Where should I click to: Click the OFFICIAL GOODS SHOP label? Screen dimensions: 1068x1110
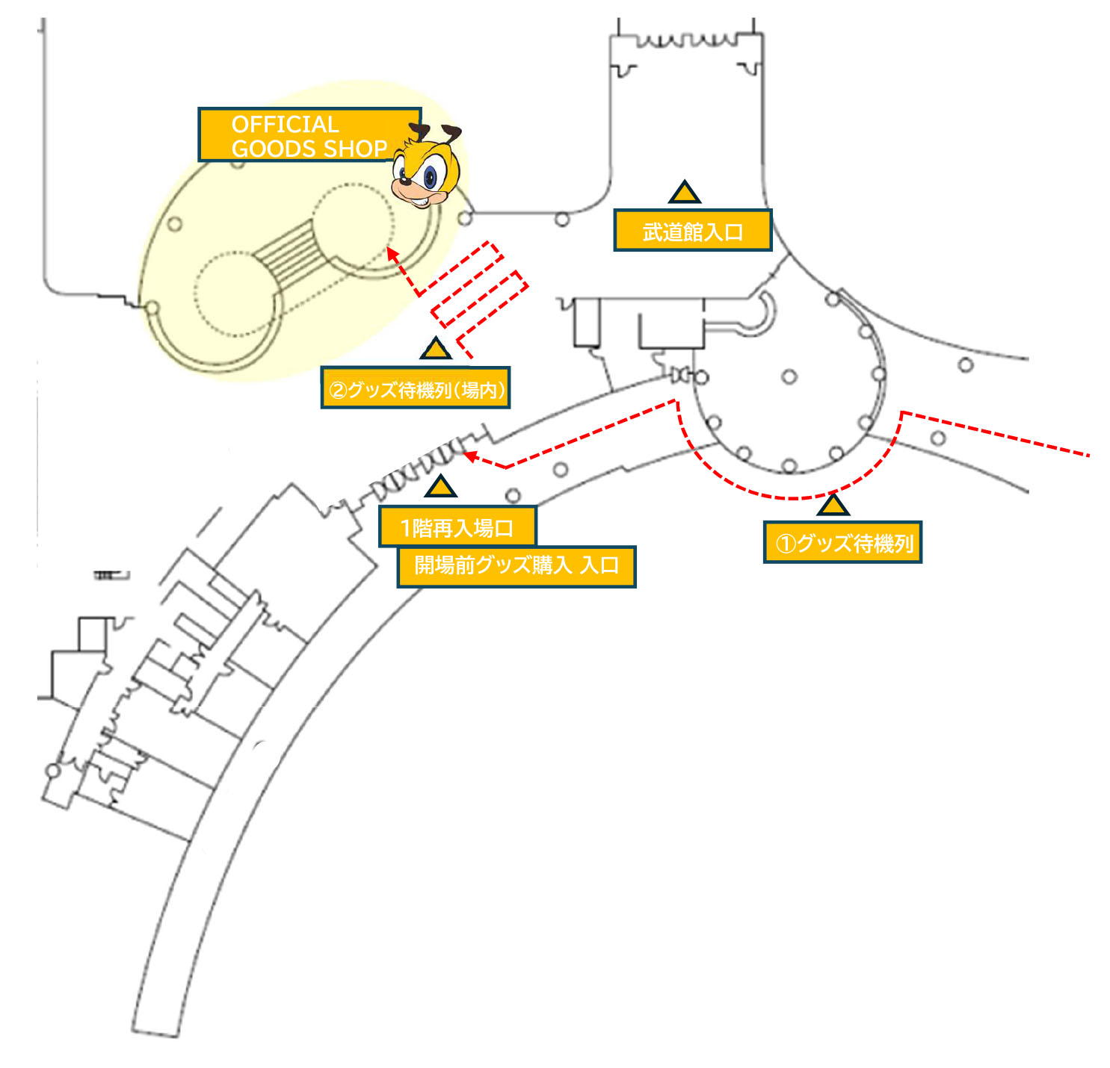pyautogui.click(x=308, y=135)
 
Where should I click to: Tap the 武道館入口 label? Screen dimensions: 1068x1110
pyautogui.click(x=692, y=231)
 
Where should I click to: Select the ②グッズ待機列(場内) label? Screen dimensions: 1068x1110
pyautogui.click(x=416, y=388)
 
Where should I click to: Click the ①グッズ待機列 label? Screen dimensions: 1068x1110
pyautogui.click(x=842, y=542)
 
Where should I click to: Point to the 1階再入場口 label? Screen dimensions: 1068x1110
pyautogui.click(x=457, y=527)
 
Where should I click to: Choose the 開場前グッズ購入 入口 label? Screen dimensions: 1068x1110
pyautogui.click(x=517, y=565)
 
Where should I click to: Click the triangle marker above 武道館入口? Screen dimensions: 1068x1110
pyautogui.click(x=684, y=193)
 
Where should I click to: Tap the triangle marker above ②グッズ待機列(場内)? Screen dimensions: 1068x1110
pyautogui.click(x=436, y=350)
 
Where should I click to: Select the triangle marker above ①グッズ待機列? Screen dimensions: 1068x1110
pyautogui.click(x=833, y=506)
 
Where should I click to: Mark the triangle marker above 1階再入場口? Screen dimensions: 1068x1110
pyautogui.click(x=440, y=488)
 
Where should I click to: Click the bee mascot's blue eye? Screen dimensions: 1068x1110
pyautogui.click(x=431, y=177)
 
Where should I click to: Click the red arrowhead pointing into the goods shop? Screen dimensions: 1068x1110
pyautogui.click(x=391, y=252)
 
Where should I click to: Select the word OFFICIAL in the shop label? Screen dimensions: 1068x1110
pyautogui.click(x=285, y=124)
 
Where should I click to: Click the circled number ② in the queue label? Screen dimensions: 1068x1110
pyautogui.click(x=337, y=390)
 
